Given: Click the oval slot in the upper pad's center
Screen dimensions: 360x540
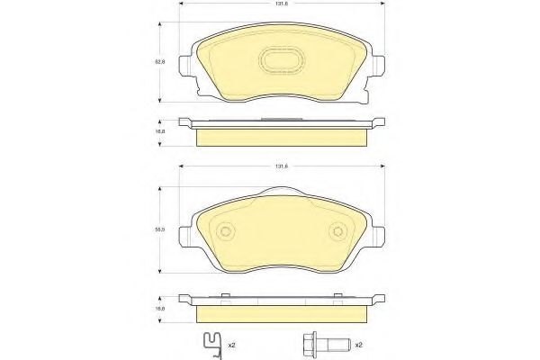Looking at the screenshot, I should tap(281, 61).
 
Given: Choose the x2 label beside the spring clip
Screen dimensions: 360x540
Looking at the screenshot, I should tap(232, 344).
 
